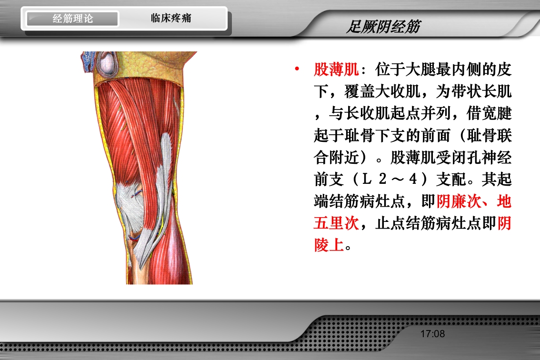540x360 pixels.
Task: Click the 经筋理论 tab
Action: click(72, 19)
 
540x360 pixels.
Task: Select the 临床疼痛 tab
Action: click(171, 19)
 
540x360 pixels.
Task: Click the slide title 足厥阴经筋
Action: click(383, 27)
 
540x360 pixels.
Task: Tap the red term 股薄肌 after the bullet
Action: click(336, 70)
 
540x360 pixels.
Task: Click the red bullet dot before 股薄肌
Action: click(297, 70)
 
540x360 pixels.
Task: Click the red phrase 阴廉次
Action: click(459, 202)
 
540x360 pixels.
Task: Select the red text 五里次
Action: click(336, 224)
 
